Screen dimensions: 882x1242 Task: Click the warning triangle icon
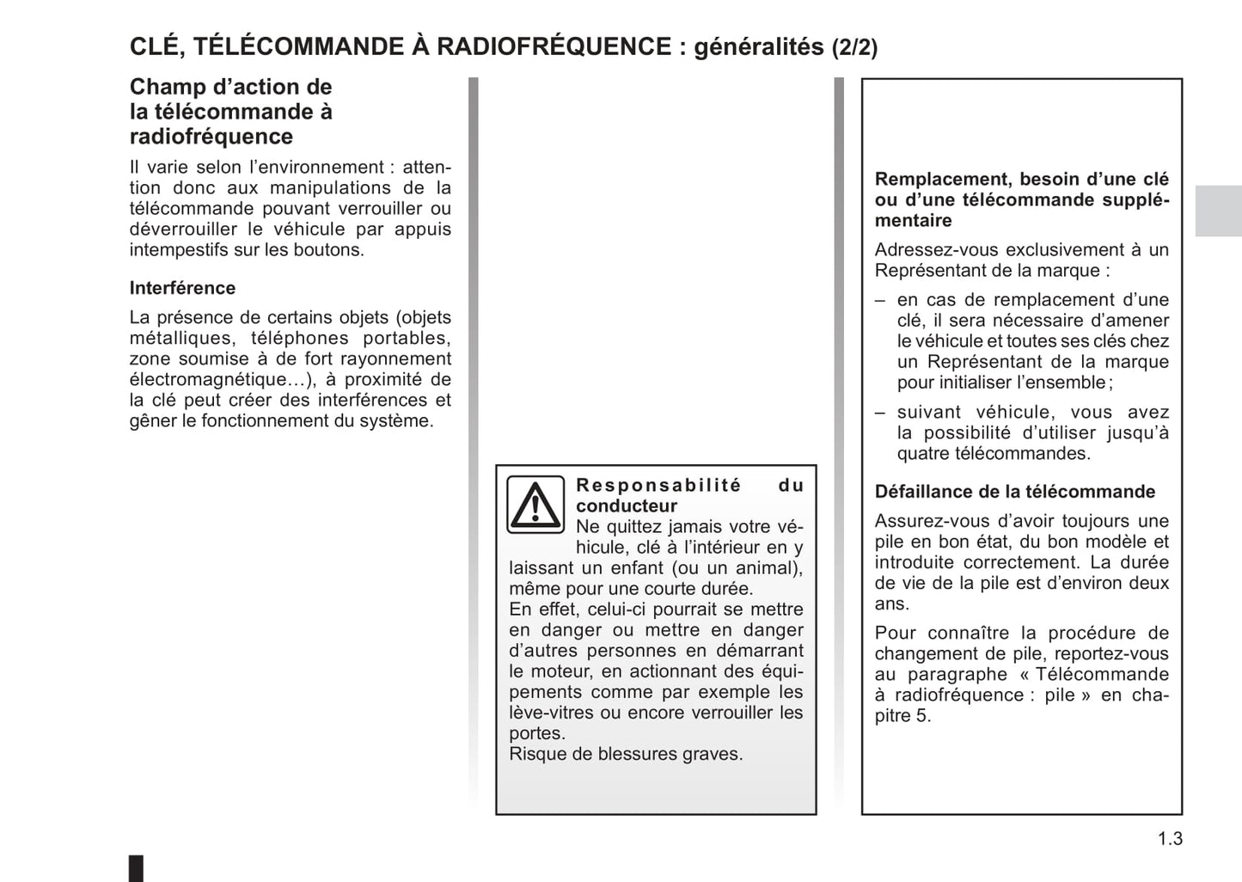coord(535,505)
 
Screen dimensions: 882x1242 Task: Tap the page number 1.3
coord(1169,839)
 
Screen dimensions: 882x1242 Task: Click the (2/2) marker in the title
coord(854,47)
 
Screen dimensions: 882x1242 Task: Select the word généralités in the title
coord(758,47)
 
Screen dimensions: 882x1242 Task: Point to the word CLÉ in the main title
coord(155,46)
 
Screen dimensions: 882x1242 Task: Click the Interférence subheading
coord(182,288)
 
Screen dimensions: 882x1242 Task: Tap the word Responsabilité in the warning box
coord(658,486)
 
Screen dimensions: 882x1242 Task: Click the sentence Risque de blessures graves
coord(626,754)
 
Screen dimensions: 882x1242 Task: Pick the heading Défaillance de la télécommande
coord(1015,492)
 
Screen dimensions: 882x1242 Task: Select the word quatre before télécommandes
coord(923,454)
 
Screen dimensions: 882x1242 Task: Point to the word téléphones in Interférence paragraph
coord(299,339)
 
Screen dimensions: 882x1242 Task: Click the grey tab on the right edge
coord(1218,211)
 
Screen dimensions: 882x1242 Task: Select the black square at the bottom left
coord(136,867)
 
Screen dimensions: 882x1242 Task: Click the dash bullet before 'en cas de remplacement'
coord(880,300)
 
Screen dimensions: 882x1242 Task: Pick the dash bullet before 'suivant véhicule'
coord(880,413)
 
